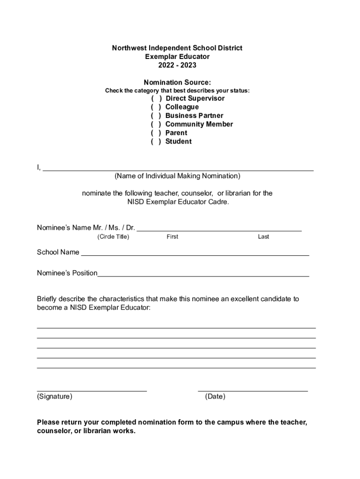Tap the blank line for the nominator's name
point(178,168)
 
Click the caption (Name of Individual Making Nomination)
point(177,176)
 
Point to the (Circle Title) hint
point(113,237)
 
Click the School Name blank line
point(195,253)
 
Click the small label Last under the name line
point(263,237)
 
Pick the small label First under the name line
point(172,237)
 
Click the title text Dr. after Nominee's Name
point(130,228)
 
